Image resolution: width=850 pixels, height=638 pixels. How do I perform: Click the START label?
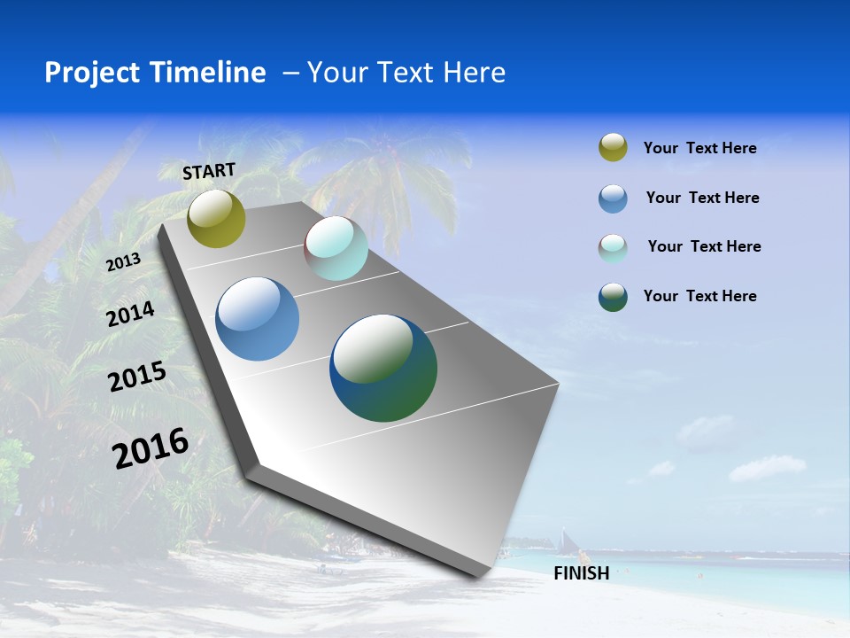209,170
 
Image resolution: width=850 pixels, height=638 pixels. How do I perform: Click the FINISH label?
581,573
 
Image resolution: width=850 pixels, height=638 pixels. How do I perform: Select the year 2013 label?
123,262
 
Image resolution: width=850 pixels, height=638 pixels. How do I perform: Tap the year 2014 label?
130,315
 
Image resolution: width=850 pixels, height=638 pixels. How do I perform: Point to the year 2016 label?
151,447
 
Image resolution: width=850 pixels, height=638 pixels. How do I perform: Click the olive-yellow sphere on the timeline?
216,218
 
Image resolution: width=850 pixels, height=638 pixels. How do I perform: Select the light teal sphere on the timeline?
336,248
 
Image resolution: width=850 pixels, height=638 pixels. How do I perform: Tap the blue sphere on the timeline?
257,319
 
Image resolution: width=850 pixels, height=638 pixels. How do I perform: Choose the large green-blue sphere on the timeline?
383,368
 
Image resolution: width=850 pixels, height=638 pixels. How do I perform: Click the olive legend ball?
613,148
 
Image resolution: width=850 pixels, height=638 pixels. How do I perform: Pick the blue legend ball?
613,198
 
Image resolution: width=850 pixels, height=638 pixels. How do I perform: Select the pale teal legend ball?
613,247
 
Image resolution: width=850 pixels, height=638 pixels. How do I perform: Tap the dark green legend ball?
613,297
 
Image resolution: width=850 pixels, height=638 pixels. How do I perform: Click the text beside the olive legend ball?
699,148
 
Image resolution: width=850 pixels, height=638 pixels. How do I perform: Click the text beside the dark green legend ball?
699,296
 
